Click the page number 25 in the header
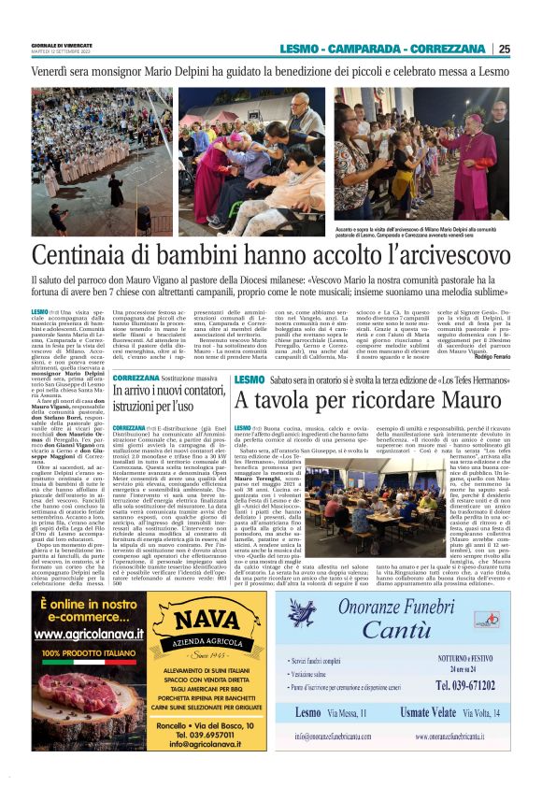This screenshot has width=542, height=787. (x=504, y=50)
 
